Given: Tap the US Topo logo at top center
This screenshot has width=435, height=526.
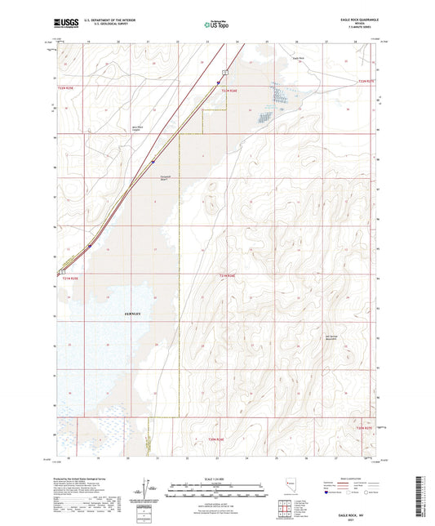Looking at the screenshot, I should [x=215, y=26].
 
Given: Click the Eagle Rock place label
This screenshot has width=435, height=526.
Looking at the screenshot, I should [x=299, y=59].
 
